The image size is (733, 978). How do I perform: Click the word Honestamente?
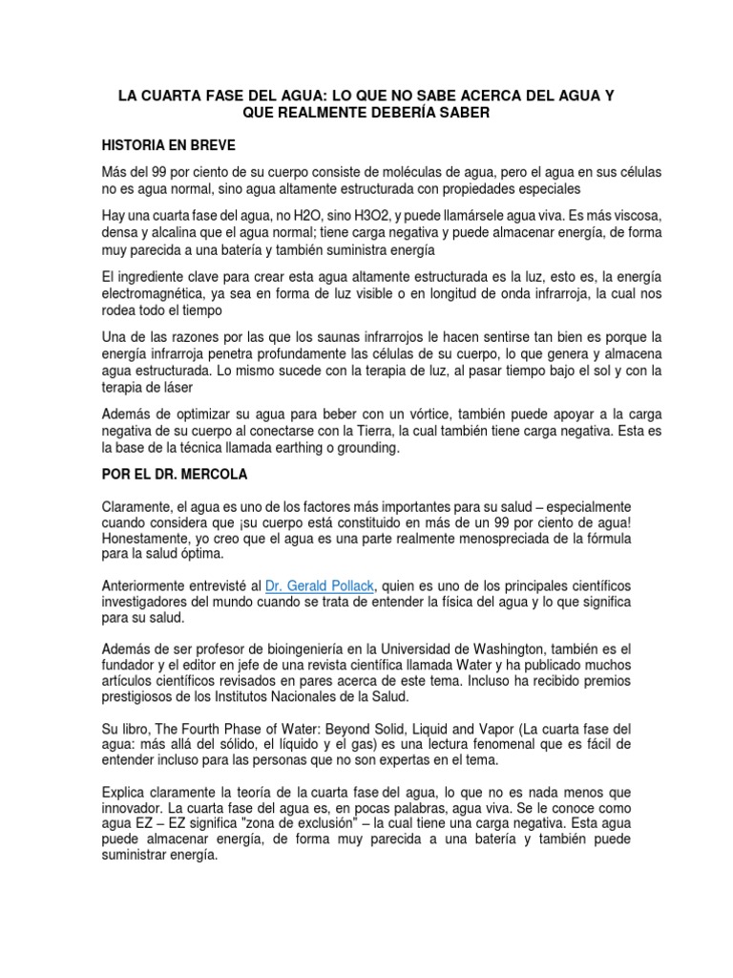pos(145,538)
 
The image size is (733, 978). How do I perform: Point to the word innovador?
pos(134,805)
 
